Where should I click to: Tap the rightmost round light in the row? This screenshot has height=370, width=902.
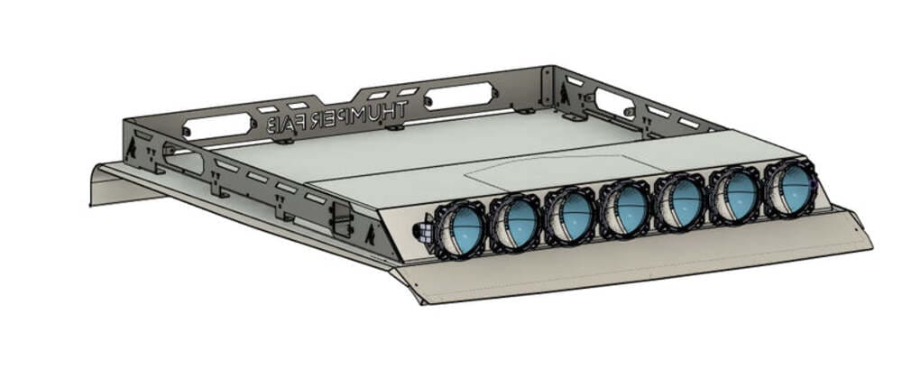(791, 187)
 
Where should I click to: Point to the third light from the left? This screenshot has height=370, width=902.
(570, 213)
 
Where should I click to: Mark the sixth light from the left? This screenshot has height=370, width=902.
(737, 192)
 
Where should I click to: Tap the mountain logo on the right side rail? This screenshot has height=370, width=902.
(567, 90)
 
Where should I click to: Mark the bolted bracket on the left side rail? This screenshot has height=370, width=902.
(340, 217)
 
